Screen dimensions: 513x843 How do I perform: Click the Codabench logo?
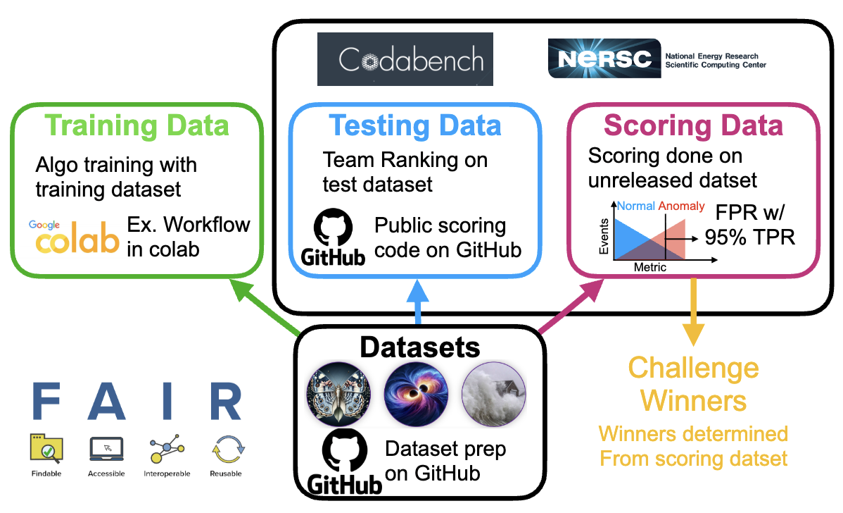[405, 60]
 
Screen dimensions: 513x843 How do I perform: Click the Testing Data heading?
[416, 125]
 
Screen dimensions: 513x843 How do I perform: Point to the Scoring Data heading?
[693, 125]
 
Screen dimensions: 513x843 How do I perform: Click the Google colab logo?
[73, 237]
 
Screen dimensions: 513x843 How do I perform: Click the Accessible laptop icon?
[106, 448]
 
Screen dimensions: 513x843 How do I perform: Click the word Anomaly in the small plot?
[680, 206]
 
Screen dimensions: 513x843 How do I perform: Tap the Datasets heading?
[420, 347]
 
